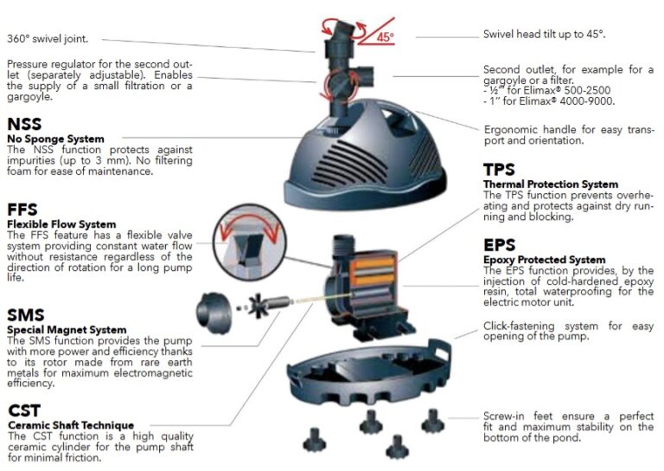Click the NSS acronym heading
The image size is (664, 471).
click(x=24, y=124)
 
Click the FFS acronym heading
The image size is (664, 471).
click(x=22, y=210)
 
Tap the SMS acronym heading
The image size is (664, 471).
click(x=26, y=315)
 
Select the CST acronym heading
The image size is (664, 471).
click(x=24, y=410)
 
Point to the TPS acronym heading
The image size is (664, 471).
click(x=499, y=170)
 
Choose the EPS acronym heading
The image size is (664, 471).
click(x=500, y=245)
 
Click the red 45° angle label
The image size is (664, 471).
click(x=385, y=37)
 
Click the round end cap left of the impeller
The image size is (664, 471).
click(x=214, y=313)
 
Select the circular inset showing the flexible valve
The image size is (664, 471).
click(x=249, y=242)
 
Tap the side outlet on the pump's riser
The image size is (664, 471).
click(x=365, y=76)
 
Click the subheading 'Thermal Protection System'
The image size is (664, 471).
click(x=551, y=184)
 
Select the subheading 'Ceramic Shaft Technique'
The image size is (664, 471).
click(x=71, y=425)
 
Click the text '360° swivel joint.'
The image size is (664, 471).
click(x=48, y=39)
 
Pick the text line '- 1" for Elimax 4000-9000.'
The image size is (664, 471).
click(x=549, y=101)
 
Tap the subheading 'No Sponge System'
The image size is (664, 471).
click(x=55, y=139)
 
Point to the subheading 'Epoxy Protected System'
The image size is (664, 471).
click(x=545, y=260)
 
